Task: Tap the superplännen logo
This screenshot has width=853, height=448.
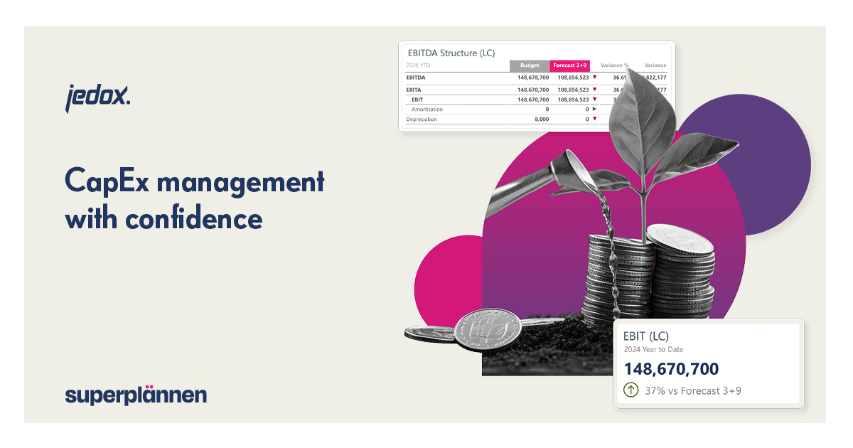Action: [136, 395]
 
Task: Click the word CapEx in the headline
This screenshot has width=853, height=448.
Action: [106, 182]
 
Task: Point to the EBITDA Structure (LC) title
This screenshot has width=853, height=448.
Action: [451, 53]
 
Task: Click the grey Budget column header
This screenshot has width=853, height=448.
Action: [529, 65]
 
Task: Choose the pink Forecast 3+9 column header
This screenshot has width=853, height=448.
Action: [569, 65]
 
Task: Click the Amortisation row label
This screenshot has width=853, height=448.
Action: [427, 109]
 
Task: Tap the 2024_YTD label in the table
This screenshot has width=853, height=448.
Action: [418, 65]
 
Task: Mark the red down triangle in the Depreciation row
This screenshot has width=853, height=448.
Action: [594, 119]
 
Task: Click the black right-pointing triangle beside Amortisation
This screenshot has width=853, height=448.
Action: [594, 109]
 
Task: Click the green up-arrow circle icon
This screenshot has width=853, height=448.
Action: [631, 390]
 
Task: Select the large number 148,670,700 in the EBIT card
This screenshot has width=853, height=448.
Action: [671, 369]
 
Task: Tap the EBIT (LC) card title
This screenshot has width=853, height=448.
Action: [645, 336]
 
